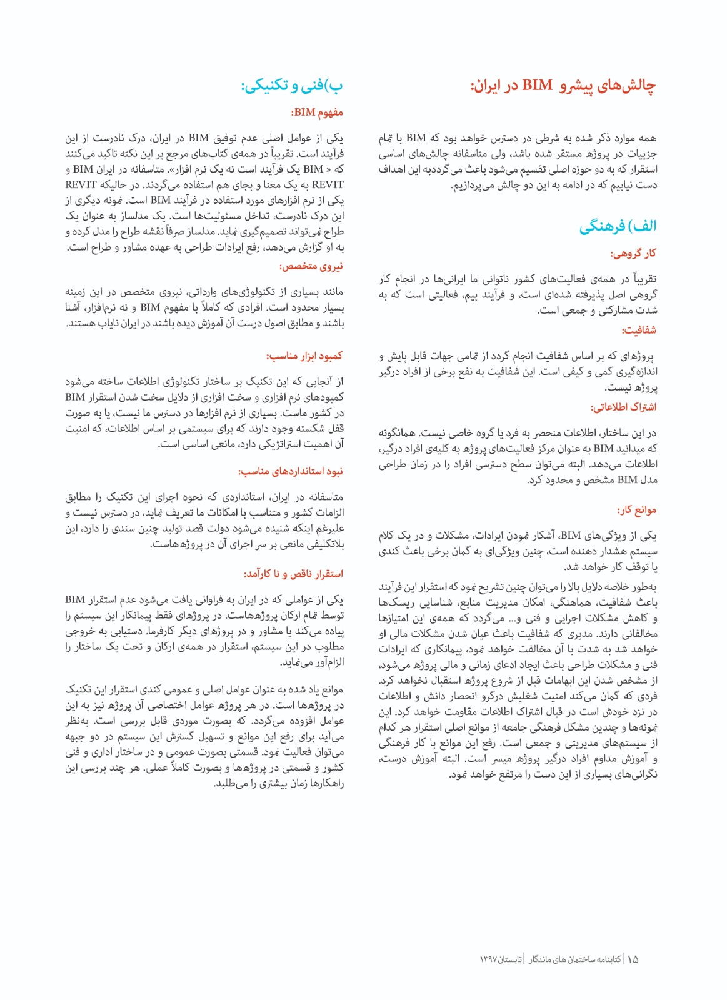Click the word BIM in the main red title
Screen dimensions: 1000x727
(x=537, y=86)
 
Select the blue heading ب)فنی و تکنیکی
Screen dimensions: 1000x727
(x=292, y=86)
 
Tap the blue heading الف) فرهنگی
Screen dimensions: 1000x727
(x=618, y=226)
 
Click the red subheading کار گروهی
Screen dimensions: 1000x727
(x=633, y=253)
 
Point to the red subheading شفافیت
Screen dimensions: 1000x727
(x=639, y=330)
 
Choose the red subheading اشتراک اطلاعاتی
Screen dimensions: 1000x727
(x=623, y=407)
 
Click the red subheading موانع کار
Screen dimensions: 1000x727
(x=637, y=510)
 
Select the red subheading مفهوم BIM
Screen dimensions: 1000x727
(x=317, y=112)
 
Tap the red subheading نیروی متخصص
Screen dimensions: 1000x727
(x=311, y=266)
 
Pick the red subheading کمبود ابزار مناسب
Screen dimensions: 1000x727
(x=304, y=356)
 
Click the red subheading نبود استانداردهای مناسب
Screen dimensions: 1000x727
(x=291, y=471)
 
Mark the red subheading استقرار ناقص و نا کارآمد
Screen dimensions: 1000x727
(x=293, y=574)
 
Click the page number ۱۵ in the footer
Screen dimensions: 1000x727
(x=633, y=959)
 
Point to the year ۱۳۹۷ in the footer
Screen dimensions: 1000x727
(x=489, y=959)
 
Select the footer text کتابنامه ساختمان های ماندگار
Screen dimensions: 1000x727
(x=575, y=959)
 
